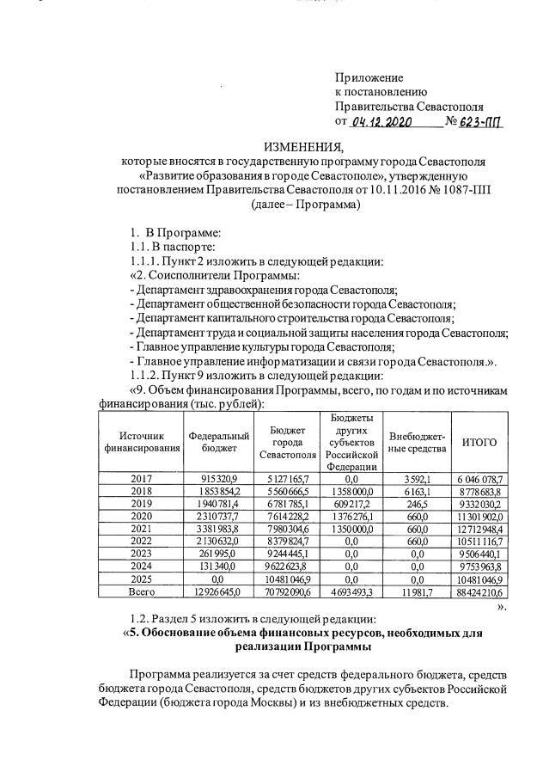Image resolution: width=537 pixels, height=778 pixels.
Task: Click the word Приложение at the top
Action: pos(369,77)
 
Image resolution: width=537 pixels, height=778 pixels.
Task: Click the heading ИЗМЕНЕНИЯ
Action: pos(303,145)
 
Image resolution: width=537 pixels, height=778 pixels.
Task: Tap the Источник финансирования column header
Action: pos(141,442)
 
